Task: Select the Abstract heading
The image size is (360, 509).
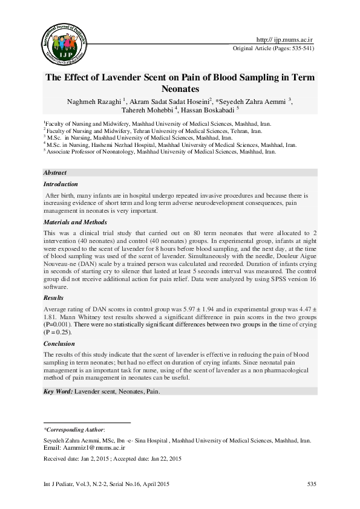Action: click(x=55, y=172)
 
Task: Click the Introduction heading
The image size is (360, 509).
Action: click(x=61, y=184)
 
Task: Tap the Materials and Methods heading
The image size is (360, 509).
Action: click(x=76, y=222)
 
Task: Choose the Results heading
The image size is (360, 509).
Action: click(x=54, y=298)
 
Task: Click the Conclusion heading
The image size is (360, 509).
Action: click(x=60, y=343)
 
